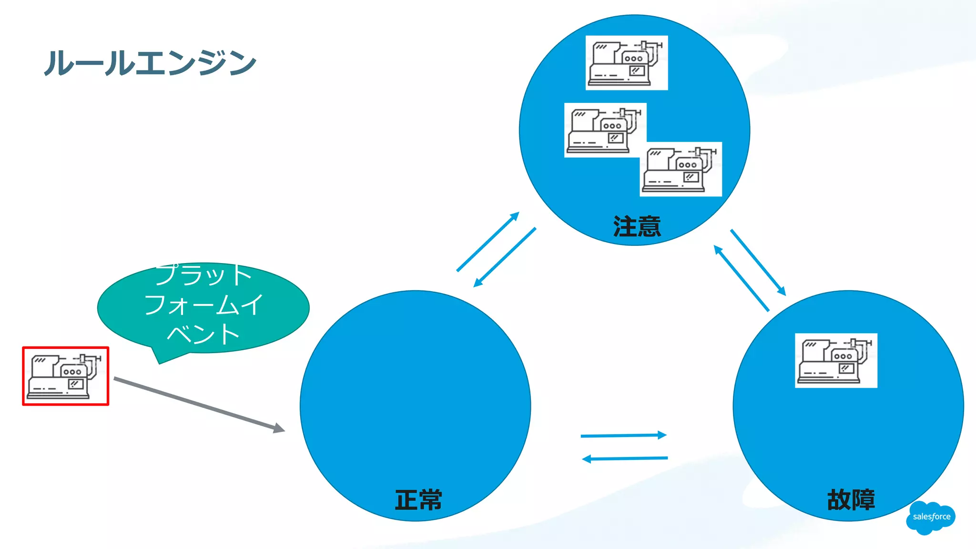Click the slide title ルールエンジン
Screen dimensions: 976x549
[150, 63]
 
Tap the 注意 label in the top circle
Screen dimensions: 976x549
[637, 226]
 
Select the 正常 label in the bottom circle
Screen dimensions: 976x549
[418, 500]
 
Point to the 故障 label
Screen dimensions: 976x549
[851, 500]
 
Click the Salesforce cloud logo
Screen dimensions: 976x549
[931, 517]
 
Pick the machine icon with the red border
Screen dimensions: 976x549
[66, 376]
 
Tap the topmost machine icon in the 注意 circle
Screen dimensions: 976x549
[627, 62]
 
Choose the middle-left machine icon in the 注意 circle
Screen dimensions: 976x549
[605, 130]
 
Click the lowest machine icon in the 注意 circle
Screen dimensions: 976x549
[681, 169]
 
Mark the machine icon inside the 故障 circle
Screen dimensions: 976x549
[836, 360]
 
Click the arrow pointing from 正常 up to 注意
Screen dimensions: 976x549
[488, 242]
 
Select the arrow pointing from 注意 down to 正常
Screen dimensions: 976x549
[505, 257]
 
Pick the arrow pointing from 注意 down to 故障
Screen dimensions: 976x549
[758, 263]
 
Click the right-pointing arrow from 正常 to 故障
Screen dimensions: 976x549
[623, 435]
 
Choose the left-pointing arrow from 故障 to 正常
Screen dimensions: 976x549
[625, 458]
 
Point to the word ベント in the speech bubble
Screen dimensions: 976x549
[203, 334]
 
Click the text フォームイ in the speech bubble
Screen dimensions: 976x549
[203, 305]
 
